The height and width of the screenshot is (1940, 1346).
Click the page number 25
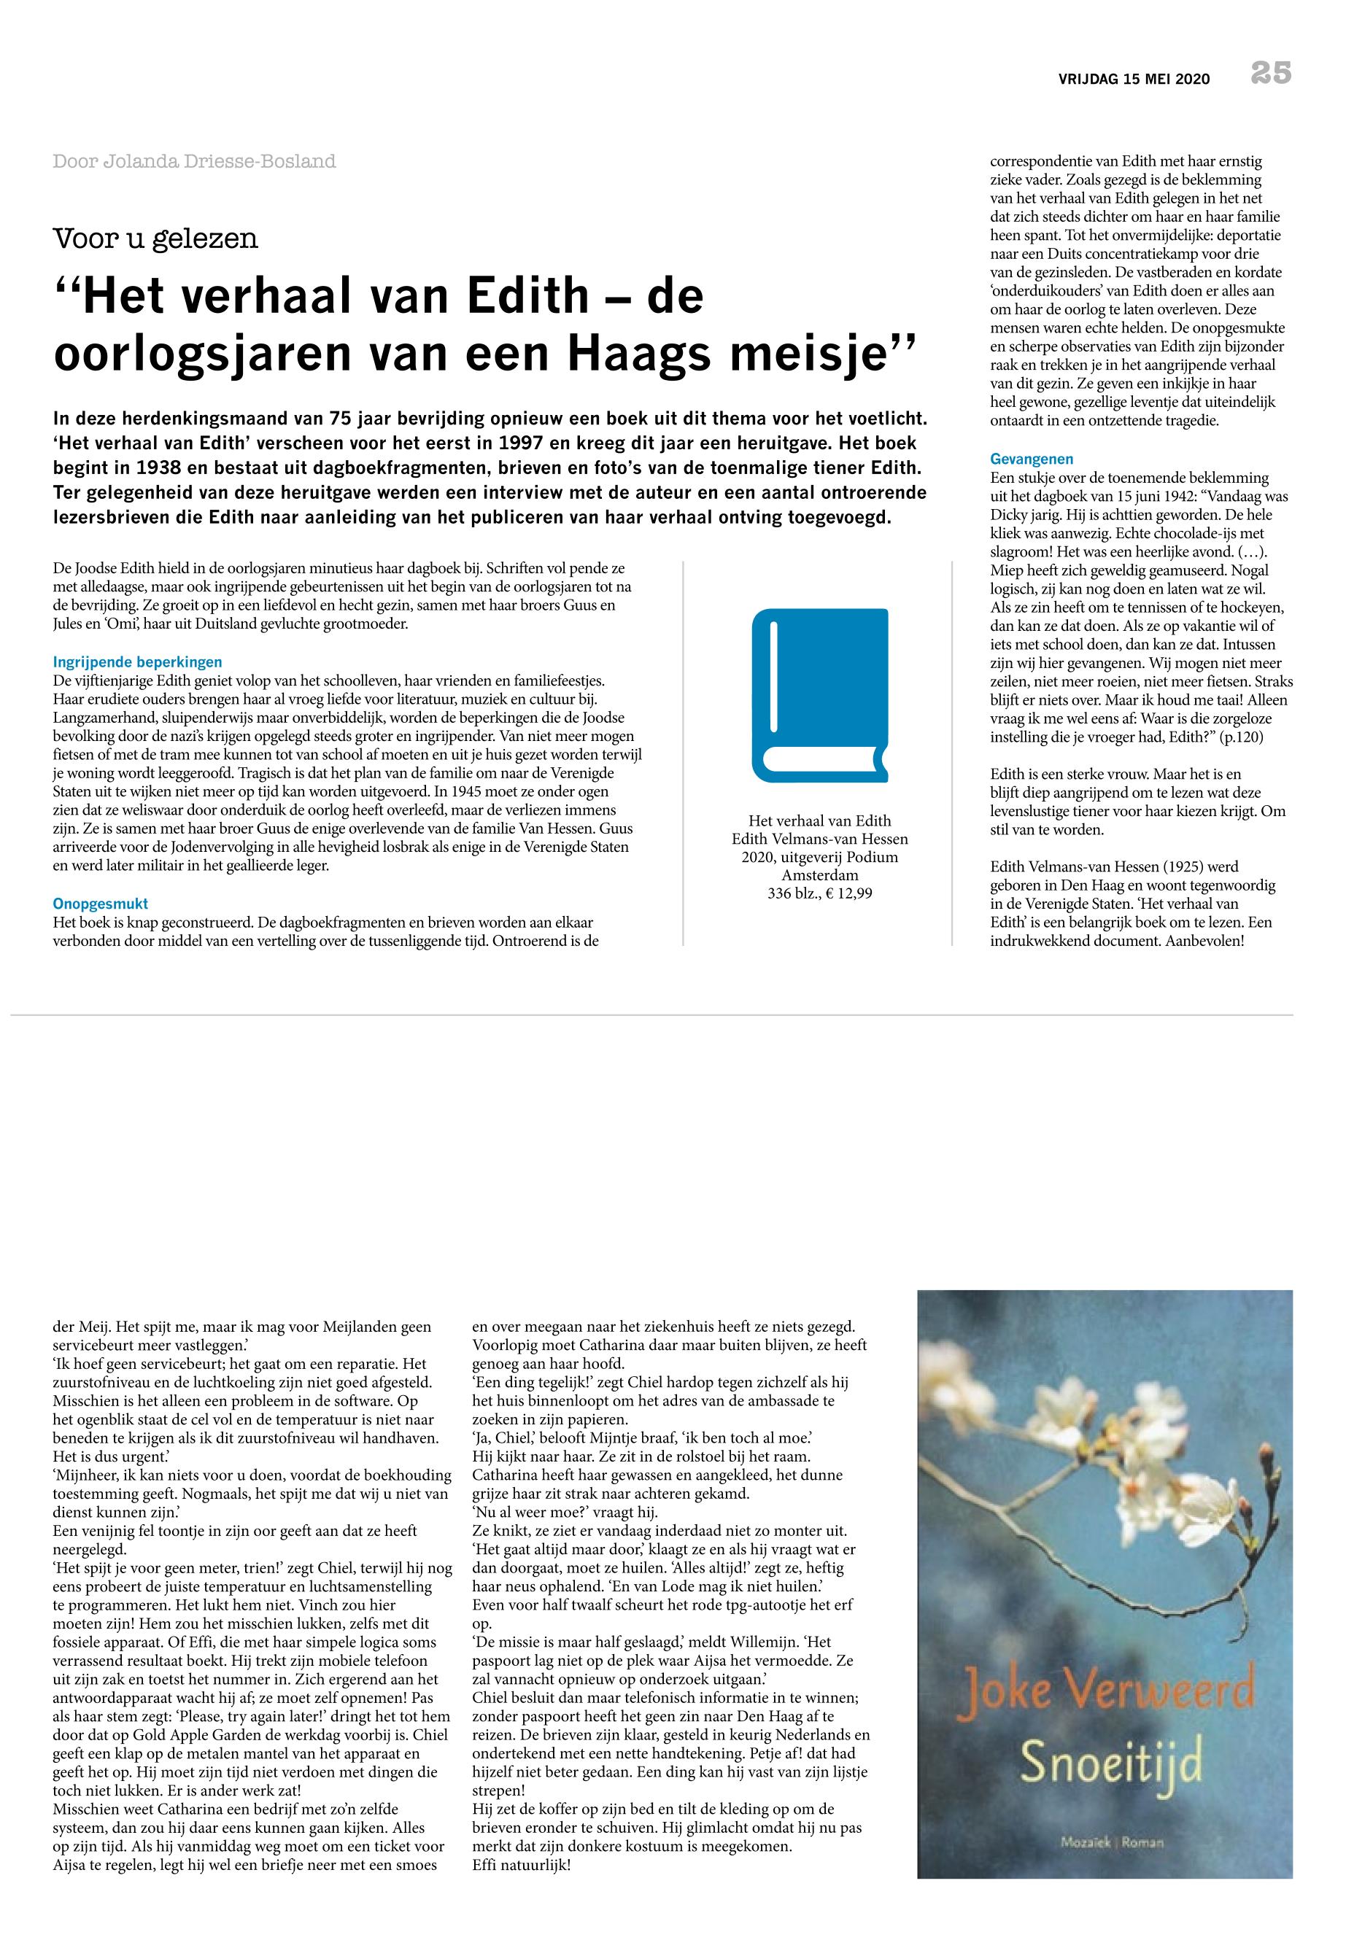(1271, 74)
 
